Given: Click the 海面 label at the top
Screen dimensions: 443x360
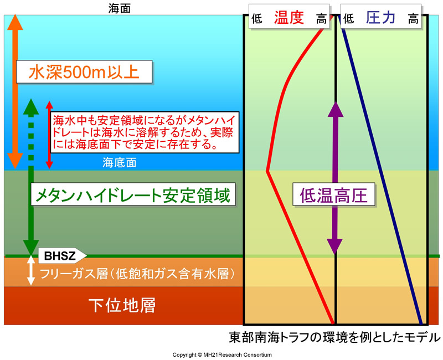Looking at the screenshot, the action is click(x=119, y=9).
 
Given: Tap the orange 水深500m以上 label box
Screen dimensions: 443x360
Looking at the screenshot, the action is click(x=84, y=72).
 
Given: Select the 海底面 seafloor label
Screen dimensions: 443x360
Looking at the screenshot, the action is click(x=120, y=163).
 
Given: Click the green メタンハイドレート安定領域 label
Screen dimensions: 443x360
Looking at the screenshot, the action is click(x=133, y=194).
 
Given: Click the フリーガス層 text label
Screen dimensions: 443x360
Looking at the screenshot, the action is click(x=137, y=274).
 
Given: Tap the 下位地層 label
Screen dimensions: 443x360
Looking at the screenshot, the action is click(x=122, y=305).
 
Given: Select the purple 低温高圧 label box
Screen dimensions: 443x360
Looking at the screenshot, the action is click(x=334, y=195).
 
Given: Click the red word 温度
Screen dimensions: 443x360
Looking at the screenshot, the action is click(x=289, y=17).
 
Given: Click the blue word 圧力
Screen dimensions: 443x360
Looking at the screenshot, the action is click(x=380, y=17).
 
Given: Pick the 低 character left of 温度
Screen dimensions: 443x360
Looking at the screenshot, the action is click(x=257, y=19).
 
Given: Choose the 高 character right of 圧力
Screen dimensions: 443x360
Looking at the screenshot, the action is click(x=413, y=19).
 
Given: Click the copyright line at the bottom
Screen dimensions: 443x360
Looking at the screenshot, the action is click(x=222, y=354).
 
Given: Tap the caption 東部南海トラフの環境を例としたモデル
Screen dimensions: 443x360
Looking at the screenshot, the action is click(x=334, y=337).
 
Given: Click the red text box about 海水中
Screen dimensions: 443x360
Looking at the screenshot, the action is click(x=145, y=132).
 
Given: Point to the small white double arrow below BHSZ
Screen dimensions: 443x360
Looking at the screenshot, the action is click(x=31, y=270).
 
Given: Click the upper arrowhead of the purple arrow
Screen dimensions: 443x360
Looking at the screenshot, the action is click(x=336, y=109).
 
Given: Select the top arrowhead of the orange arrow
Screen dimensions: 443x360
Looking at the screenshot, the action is click(x=15, y=22).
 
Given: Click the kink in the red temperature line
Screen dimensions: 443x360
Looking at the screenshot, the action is click(x=267, y=171).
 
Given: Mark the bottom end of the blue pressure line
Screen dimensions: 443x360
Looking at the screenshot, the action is click(x=421, y=323).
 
